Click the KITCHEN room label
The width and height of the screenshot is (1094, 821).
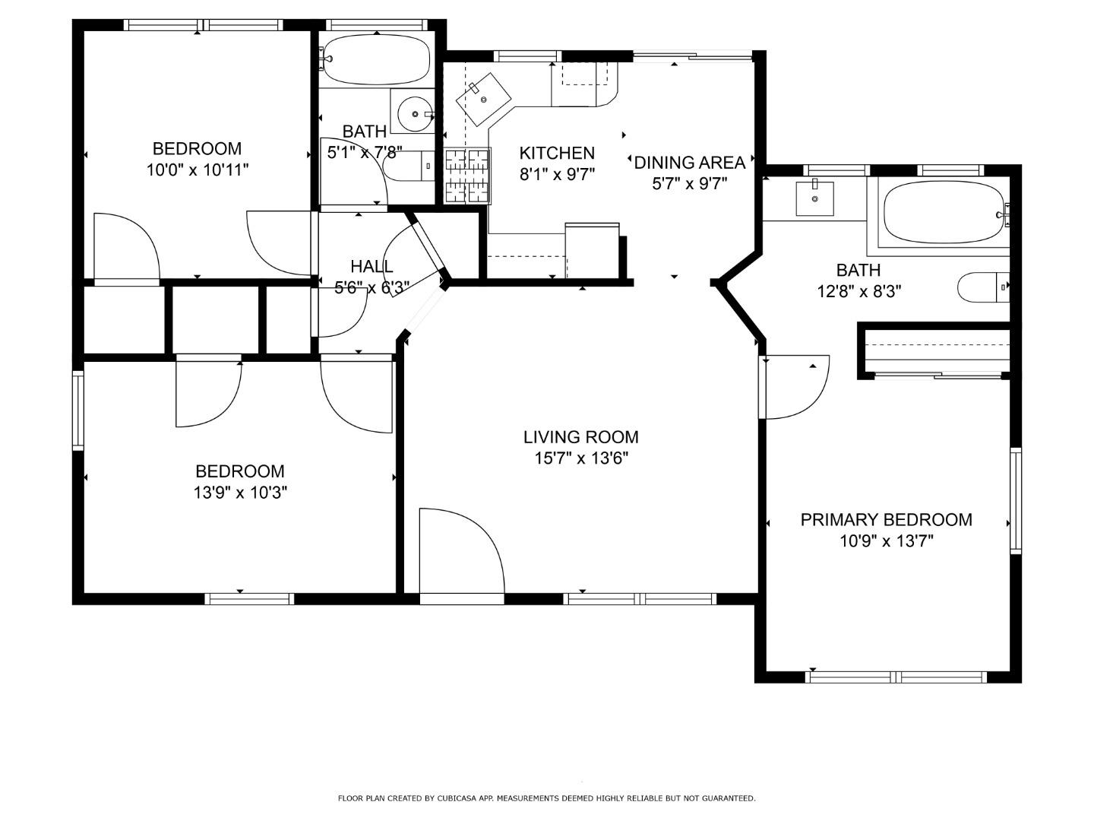557,153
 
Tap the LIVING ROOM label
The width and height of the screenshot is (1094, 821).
580,437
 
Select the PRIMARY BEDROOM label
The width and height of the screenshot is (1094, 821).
886,520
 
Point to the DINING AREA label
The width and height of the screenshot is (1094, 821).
689,163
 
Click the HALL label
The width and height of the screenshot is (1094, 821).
372,267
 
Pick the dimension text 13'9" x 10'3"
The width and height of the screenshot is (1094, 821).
240,493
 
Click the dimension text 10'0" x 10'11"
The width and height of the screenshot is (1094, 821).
198,170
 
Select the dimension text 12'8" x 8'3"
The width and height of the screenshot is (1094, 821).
858,291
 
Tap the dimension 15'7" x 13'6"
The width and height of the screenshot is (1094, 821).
580,458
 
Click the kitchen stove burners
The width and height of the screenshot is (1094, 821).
467,176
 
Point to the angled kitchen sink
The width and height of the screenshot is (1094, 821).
483,99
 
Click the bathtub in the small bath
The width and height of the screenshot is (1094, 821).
375,59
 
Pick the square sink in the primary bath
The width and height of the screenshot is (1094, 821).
815,199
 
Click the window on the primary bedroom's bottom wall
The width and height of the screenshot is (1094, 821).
896,677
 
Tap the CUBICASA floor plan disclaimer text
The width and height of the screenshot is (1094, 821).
547,798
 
